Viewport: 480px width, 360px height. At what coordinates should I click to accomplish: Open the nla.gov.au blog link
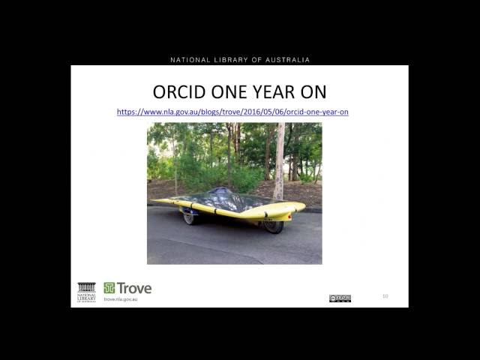pyautogui.click(x=232, y=112)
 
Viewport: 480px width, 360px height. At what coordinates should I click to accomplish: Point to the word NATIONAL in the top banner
pyautogui.click(x=191, y=60)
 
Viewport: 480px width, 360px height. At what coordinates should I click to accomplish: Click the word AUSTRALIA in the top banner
pyautogui.click(x=286, y=60)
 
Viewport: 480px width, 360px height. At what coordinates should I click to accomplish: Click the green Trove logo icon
pyautogui.click(x=109, y=288)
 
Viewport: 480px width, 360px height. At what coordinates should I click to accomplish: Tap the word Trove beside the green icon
pyautogui.click(x=134, y=288)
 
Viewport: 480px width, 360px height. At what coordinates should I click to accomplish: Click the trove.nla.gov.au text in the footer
pyautogui.click(x=121, y=299)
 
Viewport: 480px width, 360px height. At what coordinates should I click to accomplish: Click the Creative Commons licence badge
pyautogui.click(x=340, y=298)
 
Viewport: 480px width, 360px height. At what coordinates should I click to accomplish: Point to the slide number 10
pyautogui.click(x=385, y=296)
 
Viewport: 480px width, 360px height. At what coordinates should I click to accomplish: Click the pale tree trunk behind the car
pyautogui.click(x=279, y=161)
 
